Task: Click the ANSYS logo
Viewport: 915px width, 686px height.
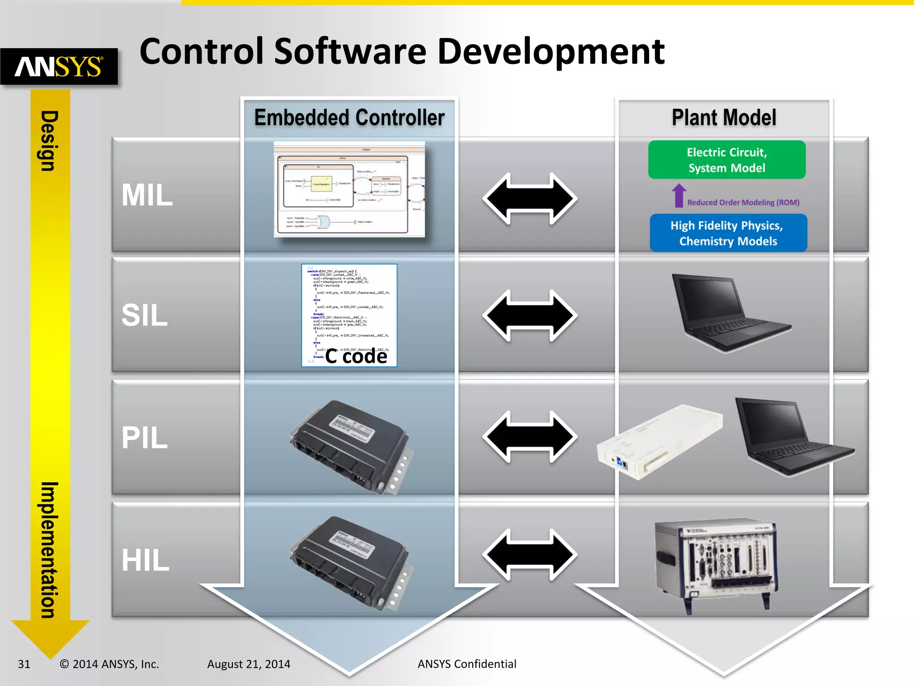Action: coord(59,67)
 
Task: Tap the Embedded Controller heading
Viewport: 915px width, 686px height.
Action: coord(349,118)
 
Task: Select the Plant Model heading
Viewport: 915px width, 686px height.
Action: coord(724,118)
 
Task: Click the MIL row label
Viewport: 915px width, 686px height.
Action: coord(147,195)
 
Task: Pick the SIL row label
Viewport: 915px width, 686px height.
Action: coord(144,315)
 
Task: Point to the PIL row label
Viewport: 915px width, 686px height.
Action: coord(144,438)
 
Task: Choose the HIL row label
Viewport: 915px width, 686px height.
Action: coord(145,560)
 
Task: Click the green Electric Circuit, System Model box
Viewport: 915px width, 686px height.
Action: coord(726,160)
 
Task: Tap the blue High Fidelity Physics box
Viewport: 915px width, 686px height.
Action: coord(728,233)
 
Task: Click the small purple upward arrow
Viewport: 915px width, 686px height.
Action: coord(679,196)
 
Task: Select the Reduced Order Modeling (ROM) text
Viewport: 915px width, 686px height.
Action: coord(743,202)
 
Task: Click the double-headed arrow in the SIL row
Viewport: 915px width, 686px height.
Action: coord(530,315)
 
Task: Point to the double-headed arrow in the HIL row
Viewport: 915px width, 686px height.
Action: coord(530,555)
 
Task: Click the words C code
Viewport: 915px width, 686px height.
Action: coord(356,356)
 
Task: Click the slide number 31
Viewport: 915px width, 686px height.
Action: coord(24,664)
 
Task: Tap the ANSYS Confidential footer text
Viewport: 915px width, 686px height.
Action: coord(466,664)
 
